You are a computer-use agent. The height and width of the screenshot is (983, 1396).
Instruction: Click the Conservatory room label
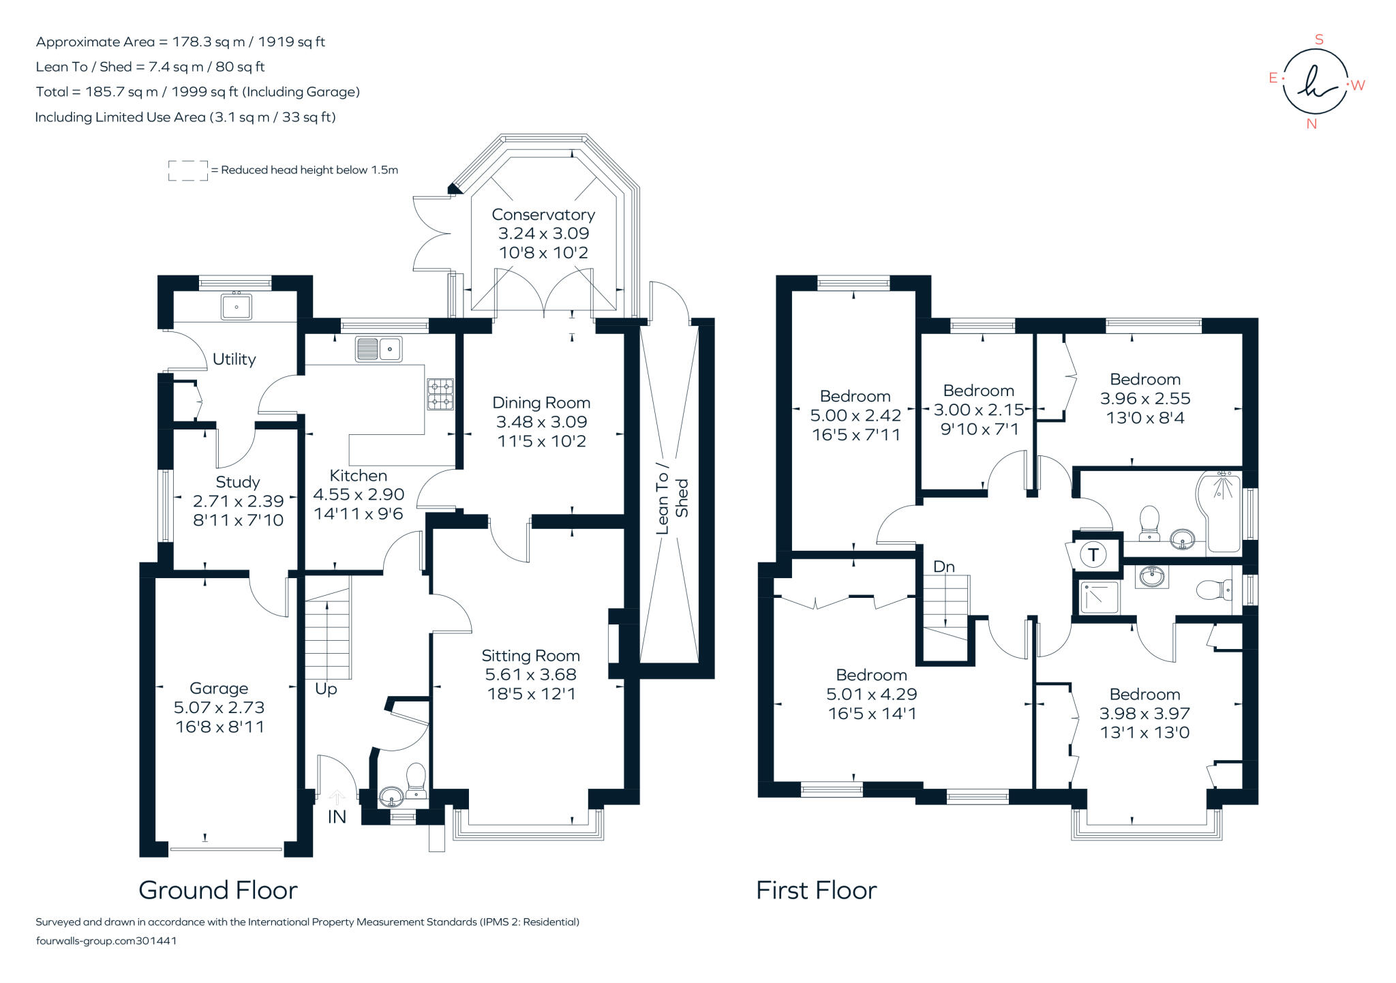pos(543,215)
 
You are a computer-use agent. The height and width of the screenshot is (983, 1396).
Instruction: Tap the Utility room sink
pos(236,307)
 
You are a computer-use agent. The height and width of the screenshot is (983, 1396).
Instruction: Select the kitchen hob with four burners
pos(440,394)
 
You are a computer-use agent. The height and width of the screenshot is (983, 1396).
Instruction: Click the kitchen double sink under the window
pos(378,349)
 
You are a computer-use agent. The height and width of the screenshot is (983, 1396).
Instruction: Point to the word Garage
pos(219,689)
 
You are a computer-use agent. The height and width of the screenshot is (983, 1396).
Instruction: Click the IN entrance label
pos(337,817)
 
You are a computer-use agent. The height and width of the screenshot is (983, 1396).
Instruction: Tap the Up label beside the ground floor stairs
pos(326,689)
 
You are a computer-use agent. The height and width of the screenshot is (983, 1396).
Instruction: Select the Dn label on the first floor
pos(943,566)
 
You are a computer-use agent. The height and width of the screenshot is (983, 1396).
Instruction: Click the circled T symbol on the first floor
pos(1093,554)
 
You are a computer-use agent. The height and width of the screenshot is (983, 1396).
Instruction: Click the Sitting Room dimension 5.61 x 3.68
pos(530,675)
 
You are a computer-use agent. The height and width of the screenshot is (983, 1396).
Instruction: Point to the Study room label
pos(238,482)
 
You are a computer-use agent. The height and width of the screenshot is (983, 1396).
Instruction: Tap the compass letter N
pos(1311,124)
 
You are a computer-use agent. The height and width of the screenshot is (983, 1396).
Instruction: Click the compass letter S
pos(1319,40)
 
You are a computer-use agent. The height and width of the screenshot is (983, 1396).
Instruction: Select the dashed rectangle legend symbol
pos(188,170)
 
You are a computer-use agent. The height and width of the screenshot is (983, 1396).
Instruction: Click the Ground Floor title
pos(218,890)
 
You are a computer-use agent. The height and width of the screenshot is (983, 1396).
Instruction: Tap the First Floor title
pos(816,890)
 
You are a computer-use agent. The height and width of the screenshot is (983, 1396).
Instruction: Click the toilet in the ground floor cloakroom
pos(416,781)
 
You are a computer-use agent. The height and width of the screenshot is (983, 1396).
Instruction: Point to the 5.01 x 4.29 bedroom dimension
pos(871,694)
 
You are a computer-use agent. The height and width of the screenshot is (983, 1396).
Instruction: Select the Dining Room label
pos(541,403)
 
